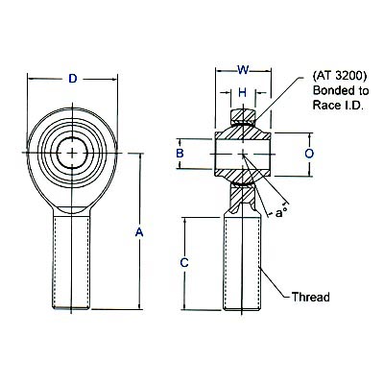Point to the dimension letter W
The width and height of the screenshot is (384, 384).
coord(243,68)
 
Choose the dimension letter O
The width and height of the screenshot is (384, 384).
coord(309,153)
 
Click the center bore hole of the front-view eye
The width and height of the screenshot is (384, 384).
coord(72,153)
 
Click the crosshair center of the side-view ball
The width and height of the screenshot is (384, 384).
coord(243,153)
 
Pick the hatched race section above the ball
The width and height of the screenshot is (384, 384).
coord(243,119)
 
